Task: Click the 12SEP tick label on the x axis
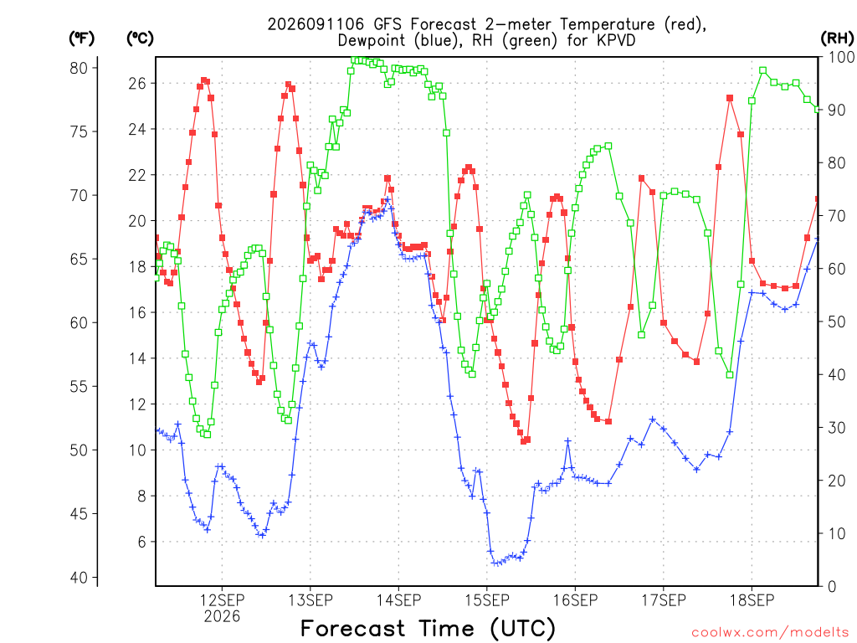click(x=222, y=600)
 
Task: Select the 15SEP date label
click(x=487, y=600)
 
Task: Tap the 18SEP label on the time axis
click(x=752, y=600)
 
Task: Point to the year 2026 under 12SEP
click(x=222, y=617)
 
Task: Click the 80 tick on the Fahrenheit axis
click(x=79, y=69)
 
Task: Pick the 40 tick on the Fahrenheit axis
click(x=79, y=578)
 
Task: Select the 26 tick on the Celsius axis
click(x=137, y=83)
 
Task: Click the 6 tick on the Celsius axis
click(x=142, y=542)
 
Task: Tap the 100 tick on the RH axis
click(x=842, y=57)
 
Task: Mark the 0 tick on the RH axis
click(x=832, y=587)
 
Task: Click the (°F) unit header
click(x=81, y=39)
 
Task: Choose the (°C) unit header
click(x=140, y=39)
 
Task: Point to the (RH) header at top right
click(x=837, y=39)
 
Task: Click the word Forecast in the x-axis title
click(x=353, y=628)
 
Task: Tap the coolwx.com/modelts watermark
click(x=770, y=633)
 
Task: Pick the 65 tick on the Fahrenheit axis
click(x=79, y=260)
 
